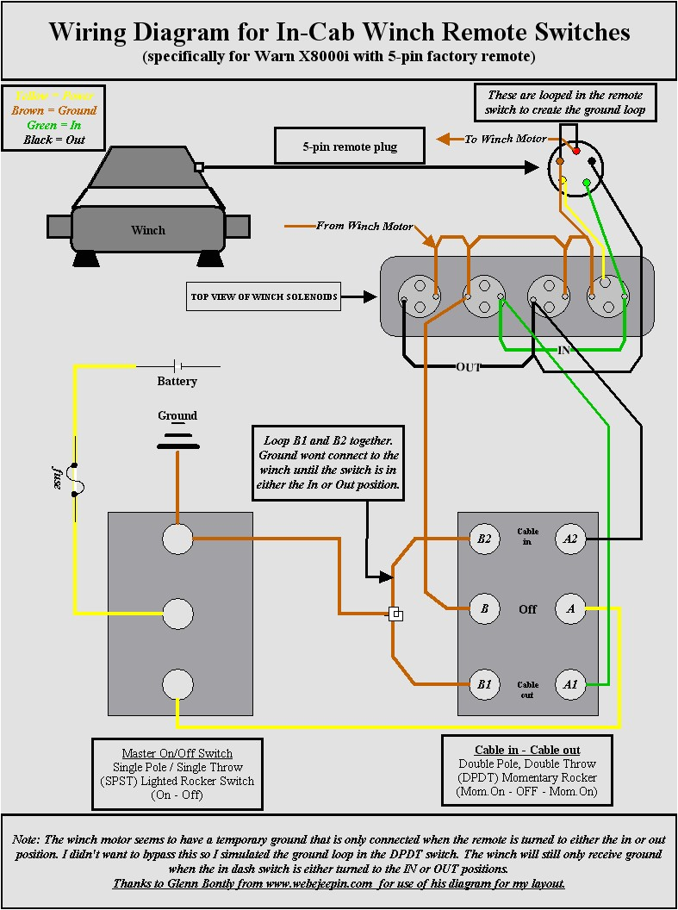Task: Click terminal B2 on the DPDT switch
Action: point(484,539)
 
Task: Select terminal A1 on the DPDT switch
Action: point(569,685)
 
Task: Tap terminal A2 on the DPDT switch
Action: point(569,539)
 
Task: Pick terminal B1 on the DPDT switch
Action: point(484,685)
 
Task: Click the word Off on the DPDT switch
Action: point(527,609)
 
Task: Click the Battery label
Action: point(177,381)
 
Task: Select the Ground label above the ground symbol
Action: point(177,415)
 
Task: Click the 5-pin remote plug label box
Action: point(350,146)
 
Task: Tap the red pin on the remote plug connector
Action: point(576,151)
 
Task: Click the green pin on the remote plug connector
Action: point(586,182)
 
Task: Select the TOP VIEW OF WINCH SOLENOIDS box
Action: point(264,297)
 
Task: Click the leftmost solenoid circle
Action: point(420,297)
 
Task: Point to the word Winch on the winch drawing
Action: point(148,230)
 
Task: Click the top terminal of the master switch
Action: point(177,539)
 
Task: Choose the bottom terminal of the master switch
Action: point(177,685)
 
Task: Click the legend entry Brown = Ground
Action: point(53,110)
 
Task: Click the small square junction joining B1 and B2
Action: point(395,614)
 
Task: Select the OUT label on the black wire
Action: point(468,367)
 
